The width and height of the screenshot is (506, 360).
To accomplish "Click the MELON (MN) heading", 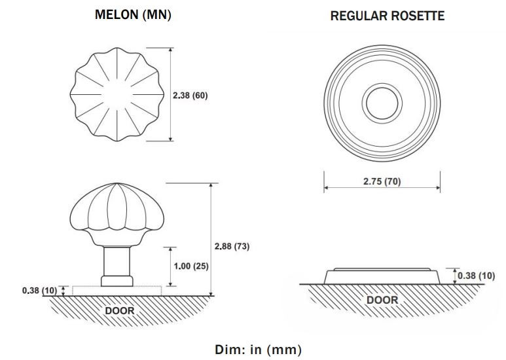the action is (x=133, y=15).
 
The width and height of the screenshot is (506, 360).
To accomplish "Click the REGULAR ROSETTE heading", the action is (x=388, y=16).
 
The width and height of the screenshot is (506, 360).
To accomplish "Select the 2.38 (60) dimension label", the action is (x=190, y=96).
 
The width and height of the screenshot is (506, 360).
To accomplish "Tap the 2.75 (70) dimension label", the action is (x=382, y=181).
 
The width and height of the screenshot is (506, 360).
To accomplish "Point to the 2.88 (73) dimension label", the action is (x=232, y=246).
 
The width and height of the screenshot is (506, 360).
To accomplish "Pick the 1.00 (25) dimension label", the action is (x=191, y=266).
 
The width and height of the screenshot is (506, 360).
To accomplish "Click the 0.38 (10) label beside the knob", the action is (x=39, y=291).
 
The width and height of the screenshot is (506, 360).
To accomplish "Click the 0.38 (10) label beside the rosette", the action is (x=476, y=276).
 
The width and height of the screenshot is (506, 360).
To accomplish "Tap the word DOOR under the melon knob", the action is (x=120, y=311).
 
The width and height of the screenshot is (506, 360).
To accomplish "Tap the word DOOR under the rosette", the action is (x=382, y=300).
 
